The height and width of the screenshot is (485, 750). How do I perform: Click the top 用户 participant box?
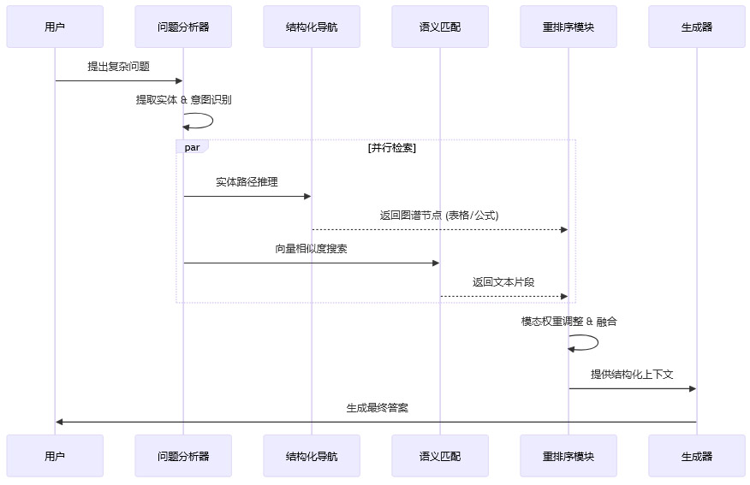pyautogui.click(x=55, y=27)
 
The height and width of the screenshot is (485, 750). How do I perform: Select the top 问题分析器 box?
pyautogui.click(x=183, y=27)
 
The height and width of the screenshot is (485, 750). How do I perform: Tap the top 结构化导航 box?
pyautogui.click(x=312, y=27)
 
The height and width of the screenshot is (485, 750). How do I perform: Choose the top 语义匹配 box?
pyautogui.click(x=440, y=27)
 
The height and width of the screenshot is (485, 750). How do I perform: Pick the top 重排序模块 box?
pyautogui.click(x=568, y=27)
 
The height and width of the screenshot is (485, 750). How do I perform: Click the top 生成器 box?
pyautogui.click(x=697, y=27)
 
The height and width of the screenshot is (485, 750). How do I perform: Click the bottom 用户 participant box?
pyautogui.click(x=55, y=456)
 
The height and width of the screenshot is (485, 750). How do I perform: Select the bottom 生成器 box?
pyautogui.click(x=697, y=456)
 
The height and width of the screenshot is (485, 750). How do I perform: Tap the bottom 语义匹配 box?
pyautogui.click(x=440, y=456)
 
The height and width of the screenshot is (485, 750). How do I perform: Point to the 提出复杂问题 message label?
pyautogui.click(x=118, y=67)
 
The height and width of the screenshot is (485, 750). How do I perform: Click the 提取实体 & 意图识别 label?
pyautogui.click(x=183, y=100)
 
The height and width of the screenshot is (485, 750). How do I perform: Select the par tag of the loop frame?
pyautogui.click(x=192, y=147)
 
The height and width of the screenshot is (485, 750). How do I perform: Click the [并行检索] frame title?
pyautogui.click(x=392, y=148)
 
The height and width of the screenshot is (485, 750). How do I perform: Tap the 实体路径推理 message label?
pyautogui.click(x=247, y=182)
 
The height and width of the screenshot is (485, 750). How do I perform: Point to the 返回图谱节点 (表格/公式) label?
pyautogui.click(x=439, y=216)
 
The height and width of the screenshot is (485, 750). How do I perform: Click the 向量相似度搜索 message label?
pyautogui.click(x=311, y=249)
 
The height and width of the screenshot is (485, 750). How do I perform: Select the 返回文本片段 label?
pyautogui.click(x=503, y=282)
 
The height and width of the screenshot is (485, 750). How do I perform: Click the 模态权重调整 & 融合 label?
pyautogui.click(x=568, y=322)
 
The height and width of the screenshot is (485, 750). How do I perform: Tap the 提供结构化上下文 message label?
pyautogui.click(x=632, y=375)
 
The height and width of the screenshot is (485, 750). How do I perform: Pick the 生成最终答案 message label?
pyautogui.click(x=377, y=408)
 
